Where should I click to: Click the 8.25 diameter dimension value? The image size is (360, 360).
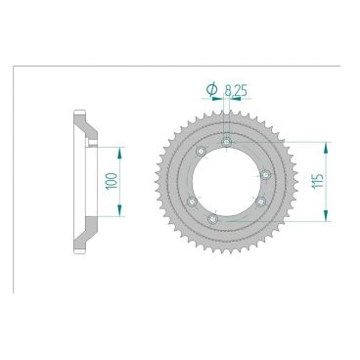(236, 90)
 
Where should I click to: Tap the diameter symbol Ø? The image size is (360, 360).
(212, 90)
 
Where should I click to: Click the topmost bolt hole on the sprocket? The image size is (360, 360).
(227, 144)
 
